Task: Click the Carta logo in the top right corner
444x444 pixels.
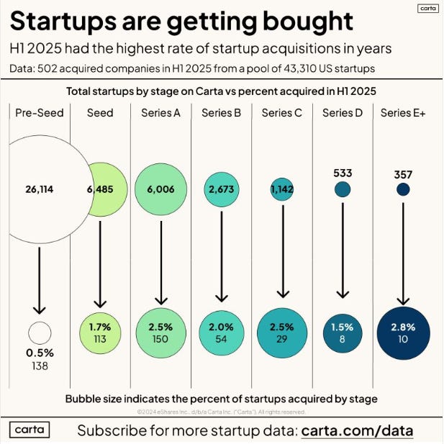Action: (427, 9)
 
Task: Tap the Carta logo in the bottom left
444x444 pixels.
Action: (30, 430)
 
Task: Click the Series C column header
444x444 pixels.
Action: (282, 113)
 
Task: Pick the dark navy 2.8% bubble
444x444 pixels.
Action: (403, 332)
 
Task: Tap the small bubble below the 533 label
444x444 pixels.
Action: (343, 190)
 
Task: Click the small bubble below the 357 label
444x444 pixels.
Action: (403, 190)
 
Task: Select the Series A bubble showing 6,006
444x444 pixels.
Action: (160, 190)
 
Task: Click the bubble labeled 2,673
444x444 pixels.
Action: (222, 190)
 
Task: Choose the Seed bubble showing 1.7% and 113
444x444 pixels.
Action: (100, 332)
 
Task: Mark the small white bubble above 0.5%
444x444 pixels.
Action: (40, 332)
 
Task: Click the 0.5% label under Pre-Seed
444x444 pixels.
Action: (40, 354)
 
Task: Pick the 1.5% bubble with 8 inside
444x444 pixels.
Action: (343, 332)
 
